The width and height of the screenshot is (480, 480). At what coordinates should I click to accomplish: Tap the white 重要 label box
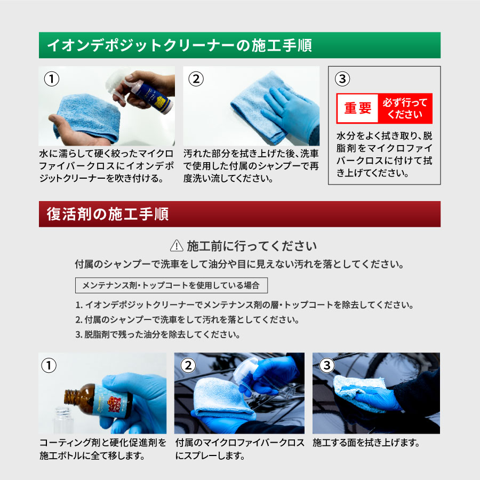point(357,108)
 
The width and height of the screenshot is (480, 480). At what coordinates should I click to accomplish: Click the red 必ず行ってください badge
point(405,108)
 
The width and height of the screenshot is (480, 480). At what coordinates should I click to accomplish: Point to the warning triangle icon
point(176,246)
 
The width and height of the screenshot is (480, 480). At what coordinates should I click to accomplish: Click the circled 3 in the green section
point(342,79)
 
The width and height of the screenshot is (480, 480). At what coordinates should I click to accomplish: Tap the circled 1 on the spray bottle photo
point(51,79)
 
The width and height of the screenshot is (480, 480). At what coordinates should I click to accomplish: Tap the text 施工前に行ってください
point(252,246)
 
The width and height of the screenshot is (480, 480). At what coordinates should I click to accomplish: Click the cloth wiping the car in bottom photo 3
point(352,392)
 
